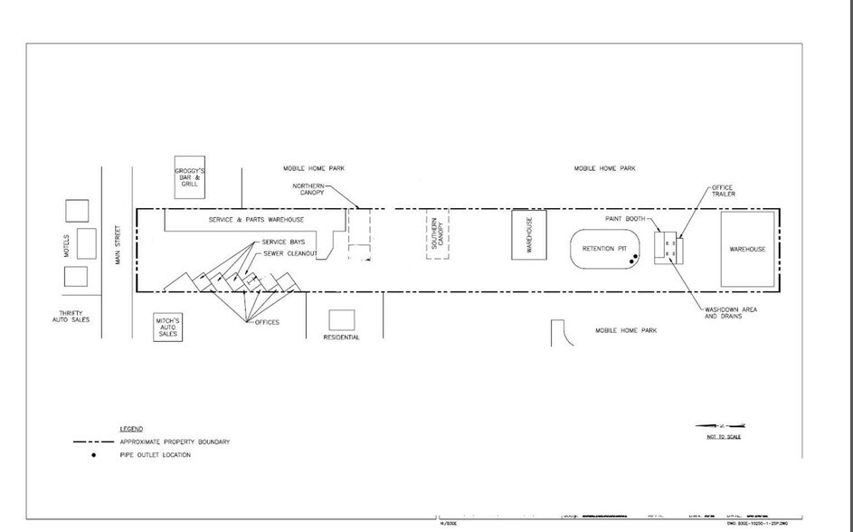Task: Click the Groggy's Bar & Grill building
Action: pos(189,179)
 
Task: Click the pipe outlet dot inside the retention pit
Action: pos(635,260)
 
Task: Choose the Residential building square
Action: pos(341,319)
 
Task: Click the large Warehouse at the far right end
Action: pos(747,249)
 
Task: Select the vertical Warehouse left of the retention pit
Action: pos(528,235)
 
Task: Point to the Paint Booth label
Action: pos(625,218)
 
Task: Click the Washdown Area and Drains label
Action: pos(731,313)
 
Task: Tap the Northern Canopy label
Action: pos(308,189)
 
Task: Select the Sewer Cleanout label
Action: pos(289,253)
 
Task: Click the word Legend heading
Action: pos(131,428)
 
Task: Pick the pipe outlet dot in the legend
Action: pos(94,455)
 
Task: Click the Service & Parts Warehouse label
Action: pos(256,220)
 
